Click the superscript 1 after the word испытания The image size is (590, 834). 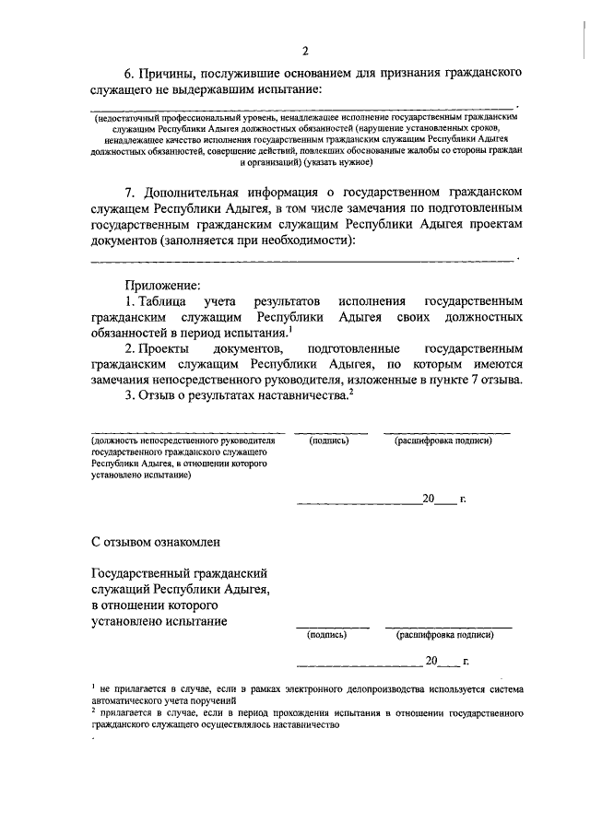pyautogui.click(x=291, y=329)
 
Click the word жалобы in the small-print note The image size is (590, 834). pyautogui.click(x=415, y=150)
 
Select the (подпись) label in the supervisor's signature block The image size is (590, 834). pyautogui.click(x=329, y=441)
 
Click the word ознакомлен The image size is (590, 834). pyautogui.click(x=183, y=539)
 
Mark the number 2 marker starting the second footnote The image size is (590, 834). pyautogui.click(x=94, y=711)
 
